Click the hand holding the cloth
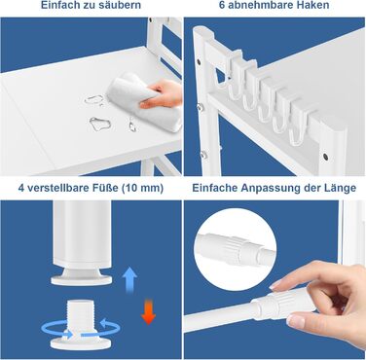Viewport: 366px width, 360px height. coord(162,94)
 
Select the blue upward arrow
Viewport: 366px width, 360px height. coord(129,280)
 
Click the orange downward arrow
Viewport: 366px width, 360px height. coord(148,311)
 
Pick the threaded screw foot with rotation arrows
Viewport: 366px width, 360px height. coord(80,324)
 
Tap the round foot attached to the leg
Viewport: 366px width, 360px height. coord(81,276)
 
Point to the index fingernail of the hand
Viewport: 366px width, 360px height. coord(274,284)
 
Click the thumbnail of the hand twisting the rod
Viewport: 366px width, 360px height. coord(296,321)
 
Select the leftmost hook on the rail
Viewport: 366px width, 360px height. coord(224,75)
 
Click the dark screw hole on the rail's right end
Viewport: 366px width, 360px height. coord(325,157)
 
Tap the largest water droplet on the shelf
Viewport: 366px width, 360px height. coord(100,125)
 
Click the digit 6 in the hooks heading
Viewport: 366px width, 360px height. coord(222,5)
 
